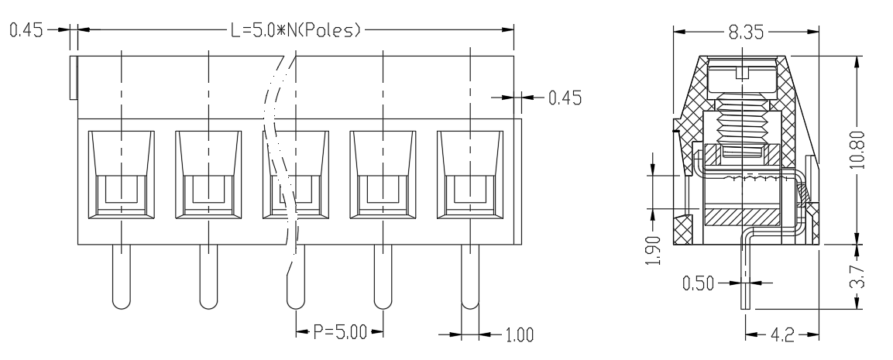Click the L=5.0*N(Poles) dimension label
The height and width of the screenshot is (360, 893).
[296, 29]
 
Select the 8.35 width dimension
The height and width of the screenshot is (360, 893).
[746, 33]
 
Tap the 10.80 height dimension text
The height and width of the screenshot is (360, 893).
[859, 150]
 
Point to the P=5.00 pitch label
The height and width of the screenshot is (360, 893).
[340, 332]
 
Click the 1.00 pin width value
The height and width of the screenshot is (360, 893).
[519, 334]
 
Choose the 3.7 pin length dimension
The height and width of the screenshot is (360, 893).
[860, 276]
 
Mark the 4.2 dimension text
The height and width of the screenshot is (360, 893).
[782, 335]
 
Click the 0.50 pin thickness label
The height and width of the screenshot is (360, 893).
[698, 283]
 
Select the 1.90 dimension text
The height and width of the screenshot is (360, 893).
[655, 251]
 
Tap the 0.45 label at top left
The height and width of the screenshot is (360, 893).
[26, 29]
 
